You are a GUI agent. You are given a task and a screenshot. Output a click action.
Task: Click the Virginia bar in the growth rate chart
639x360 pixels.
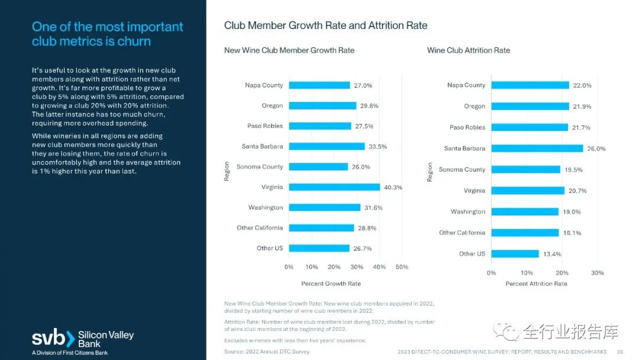coord(334,187)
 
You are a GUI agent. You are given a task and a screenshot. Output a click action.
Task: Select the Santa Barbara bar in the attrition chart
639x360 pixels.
coord(537,149)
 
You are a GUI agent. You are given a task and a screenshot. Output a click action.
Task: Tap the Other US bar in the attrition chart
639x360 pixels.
coord(515,254)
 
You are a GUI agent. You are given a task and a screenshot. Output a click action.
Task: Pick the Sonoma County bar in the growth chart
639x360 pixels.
coord(318,167)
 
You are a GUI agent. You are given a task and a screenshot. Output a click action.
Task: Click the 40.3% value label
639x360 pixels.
coord(393,187)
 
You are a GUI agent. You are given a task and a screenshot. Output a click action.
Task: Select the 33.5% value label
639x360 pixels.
coord(377,146)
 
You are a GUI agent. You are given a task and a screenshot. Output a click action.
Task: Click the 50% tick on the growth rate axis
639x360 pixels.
coord(402,267)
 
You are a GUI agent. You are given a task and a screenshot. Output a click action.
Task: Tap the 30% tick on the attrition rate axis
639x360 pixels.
coord(598,273)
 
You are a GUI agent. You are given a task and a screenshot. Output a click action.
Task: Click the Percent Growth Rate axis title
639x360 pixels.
coord(331,284)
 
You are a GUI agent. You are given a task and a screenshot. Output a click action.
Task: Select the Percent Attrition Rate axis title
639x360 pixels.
coord(536,284)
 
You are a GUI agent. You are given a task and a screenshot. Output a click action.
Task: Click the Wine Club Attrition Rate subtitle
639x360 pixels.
coord(469,50)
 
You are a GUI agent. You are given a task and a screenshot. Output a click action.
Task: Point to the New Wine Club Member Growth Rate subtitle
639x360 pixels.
coord(289,50)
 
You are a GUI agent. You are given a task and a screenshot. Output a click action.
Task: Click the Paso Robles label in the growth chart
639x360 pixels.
coord(264,126)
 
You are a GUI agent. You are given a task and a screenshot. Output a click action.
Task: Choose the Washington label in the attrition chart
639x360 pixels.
coord(467,212)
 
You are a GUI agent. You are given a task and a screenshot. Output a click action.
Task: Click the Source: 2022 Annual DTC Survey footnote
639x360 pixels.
coord(267,352)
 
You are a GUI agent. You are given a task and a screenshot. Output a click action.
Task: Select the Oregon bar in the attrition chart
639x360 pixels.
coord(530,107)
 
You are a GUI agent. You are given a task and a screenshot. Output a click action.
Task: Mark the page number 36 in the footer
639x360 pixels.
coord(619,352)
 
